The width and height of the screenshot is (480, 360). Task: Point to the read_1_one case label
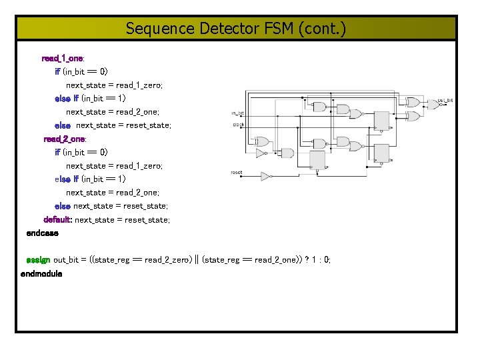click(62, 59)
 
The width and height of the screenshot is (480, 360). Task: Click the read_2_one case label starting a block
click(64, 139)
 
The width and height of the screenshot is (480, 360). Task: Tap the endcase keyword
click(42, 233)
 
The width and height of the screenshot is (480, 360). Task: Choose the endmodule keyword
click(41, 274)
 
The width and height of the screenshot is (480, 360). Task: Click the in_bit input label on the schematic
click(238, 113)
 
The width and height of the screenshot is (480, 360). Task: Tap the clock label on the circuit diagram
click(238, 125)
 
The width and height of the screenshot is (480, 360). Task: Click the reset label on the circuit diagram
click(237, 173)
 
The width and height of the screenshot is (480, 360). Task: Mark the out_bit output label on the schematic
click(445, 100)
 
